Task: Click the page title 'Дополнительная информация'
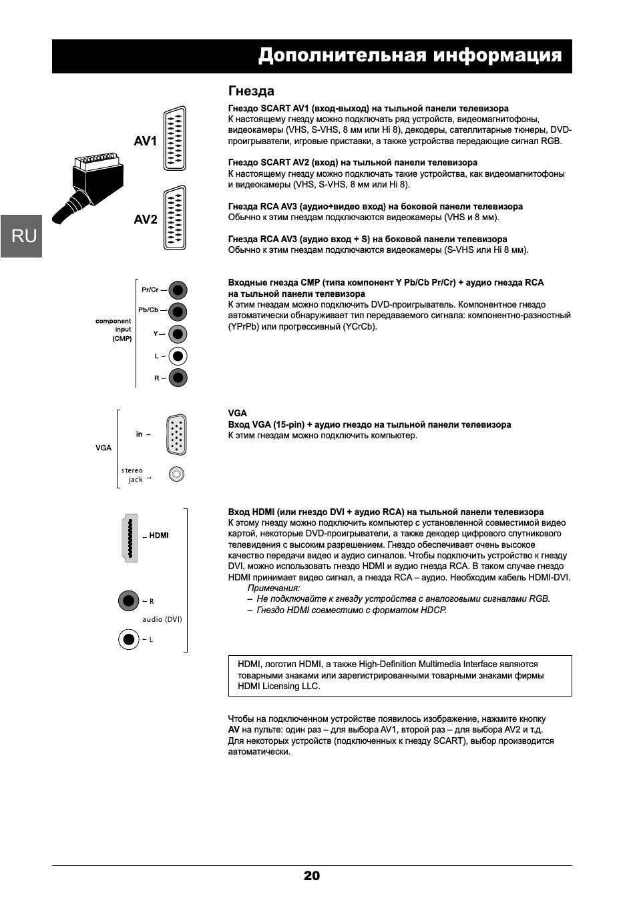pyautogui.click(x=409, y=55)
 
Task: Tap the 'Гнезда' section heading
pyautogui.click(x=251, y=91)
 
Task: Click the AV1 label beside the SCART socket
pyautogui.click(x=145, y=141)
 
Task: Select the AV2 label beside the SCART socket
pyautogui.click(x=145, y=219)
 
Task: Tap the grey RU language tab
pyautogui.click(x=22, y=236)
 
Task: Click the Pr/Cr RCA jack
pyautogui.click(x=178, y=290)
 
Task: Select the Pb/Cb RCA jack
pyautogui.click(x=178, y=312)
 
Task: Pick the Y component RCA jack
pyautogui.click(x=178, y=334)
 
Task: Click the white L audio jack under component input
pyautogui.click(x=178, y=356)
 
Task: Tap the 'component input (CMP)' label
pyautogui.click(x=114, y=330)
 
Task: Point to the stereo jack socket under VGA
pyautogui.click(x=176, y=474)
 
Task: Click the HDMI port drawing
pyautogui.click(x=129, y=538)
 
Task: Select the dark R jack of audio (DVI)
pyautogui.click(x=128, y=601)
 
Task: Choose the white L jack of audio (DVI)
pyautogui.click(x=128, y=640)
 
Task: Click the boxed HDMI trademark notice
pyautogui.click(x=399, y=675)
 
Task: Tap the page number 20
pyautogui.click(x=312, y=876)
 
